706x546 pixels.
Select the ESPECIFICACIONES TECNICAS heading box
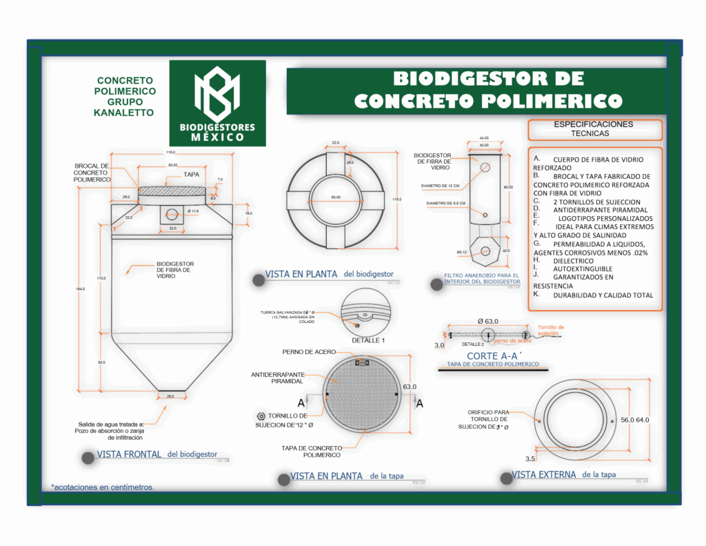coord(594,129)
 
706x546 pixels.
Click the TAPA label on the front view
coord(192,175)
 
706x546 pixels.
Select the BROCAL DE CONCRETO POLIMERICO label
coord(92,173)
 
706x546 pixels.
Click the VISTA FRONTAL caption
coord(129,455)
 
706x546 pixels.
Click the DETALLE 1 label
coord(367,340)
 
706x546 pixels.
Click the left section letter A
coord(301,402)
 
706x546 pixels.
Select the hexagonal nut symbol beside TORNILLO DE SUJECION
coord(261,416)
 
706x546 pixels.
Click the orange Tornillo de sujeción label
coord(550,330)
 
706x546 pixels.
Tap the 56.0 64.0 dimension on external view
coord(634,420)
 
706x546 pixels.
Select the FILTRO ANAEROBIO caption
coord(482,278)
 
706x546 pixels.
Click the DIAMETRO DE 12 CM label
coord(441,186)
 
